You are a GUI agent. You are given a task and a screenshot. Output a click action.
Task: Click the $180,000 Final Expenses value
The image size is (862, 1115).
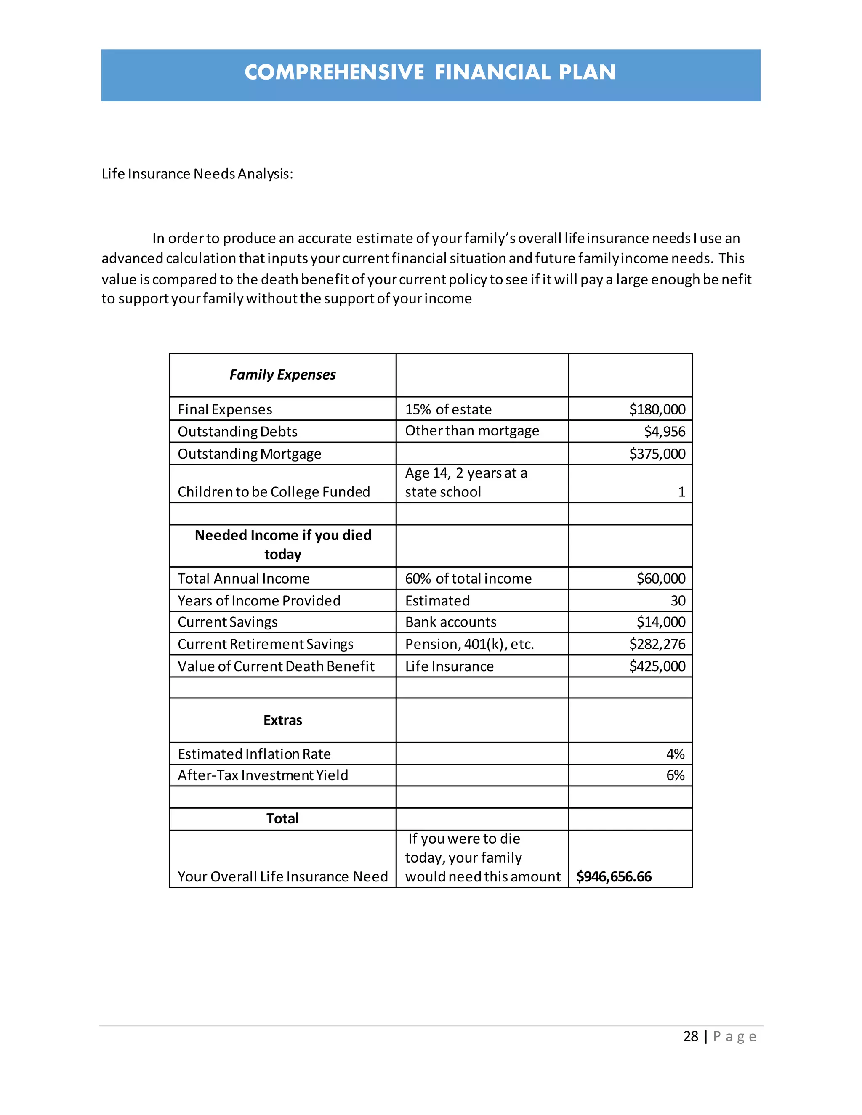pos(657,409)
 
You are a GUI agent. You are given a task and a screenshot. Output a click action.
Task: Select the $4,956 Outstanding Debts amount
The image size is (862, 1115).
pos(664,432)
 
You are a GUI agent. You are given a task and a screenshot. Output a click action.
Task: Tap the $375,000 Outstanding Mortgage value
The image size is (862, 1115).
pos(657,454)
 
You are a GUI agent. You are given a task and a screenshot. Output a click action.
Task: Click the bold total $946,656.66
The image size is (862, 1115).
pos(614,876)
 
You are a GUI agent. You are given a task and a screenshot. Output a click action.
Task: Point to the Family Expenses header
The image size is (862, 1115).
pos(282,375)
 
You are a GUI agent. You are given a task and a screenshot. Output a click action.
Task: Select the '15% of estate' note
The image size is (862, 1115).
pos(448,409)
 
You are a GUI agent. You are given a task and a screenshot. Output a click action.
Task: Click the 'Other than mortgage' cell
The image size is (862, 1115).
pos(472,431)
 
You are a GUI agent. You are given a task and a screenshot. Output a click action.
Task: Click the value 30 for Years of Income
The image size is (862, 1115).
pos(678,601)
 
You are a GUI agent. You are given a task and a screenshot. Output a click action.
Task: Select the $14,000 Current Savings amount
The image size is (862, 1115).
pos(660,622)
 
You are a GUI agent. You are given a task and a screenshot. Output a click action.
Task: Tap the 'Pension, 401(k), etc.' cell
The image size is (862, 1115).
pos(469,644)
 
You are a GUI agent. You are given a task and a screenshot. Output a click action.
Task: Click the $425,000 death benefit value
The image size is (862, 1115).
pos(657,666)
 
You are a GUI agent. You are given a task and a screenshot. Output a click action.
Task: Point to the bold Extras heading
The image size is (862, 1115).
pos(282,720)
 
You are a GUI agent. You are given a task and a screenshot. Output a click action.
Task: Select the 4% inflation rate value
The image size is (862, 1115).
pos(675,754)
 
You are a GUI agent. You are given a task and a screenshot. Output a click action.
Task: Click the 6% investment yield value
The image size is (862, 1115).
pos(675,775)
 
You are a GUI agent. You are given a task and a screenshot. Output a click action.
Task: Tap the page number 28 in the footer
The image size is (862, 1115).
pos(690,1036)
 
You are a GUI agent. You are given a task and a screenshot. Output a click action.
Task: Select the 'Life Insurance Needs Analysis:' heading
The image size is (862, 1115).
pos(197,174)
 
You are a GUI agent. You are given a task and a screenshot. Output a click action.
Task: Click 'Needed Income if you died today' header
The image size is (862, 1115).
pos(283,545)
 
